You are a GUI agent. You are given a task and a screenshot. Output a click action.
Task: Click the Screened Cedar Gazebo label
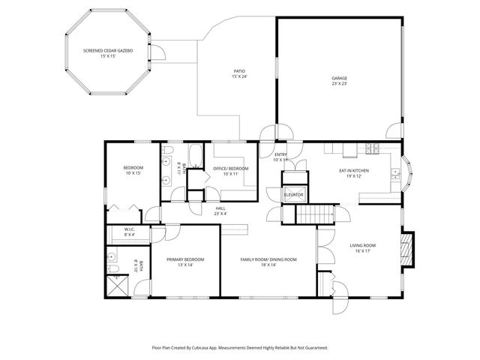(108, 53)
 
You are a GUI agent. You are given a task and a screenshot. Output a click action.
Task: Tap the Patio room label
(239, 73)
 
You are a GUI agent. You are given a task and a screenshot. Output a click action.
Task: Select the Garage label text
(340, 80)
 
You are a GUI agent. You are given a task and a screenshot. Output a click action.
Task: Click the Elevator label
(293, 195)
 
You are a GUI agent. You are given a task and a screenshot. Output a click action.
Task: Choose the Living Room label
(363, 248)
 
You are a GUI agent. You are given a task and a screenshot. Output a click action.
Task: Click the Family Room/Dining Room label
(268, 262)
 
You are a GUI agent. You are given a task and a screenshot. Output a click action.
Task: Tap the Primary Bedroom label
(185, 262)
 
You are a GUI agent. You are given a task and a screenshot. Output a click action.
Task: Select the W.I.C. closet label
(130, 232)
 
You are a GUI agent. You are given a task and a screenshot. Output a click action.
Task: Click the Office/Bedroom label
(231, 171)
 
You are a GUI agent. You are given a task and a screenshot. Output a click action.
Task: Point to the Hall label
(220, 211)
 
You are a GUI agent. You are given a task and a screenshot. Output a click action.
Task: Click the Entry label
(280, 157)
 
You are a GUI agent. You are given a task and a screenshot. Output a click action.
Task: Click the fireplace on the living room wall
(406, 249)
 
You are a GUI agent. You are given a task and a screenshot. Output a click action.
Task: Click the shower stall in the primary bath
(116, 285)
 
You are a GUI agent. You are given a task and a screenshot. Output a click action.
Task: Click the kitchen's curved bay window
(407, 172)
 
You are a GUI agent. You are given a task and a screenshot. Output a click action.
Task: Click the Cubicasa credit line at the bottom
(240, 347)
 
